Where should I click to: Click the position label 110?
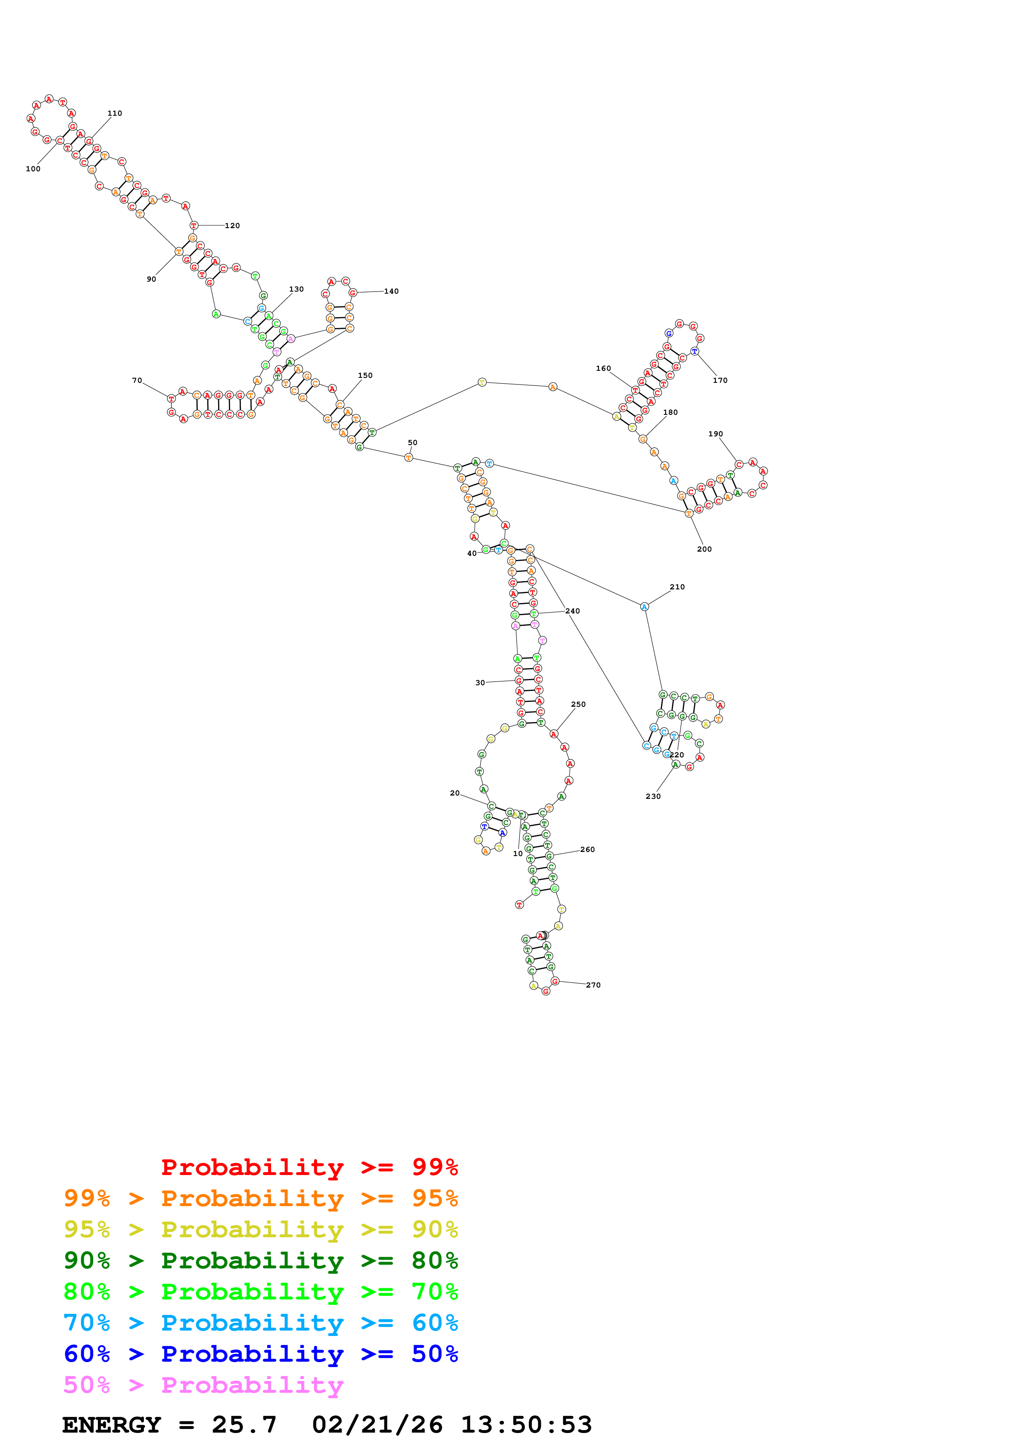pyautogui.click(x=114, y=113)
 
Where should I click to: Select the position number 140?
pyautogui.click(x=391, y=292)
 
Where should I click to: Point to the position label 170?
pyautogui.click(x=720, y=380)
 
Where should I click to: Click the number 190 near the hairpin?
pyautogui.click(x=715, y=434)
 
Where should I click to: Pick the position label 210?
pyautogui.click(x=677, y=587)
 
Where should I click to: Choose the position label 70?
pyautogui.click(x=137, y=380)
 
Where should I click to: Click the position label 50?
pyautogui.click(x=412, y=443)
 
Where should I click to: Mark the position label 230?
pyautogui.click(x=653, y=797)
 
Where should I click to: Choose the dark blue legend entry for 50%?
pyautogui.click(x=260, y=1354)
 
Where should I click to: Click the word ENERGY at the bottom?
pyautogui.click(x=112, y=1425)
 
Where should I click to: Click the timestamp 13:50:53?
pyautogui.click(x=526, y=1425)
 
